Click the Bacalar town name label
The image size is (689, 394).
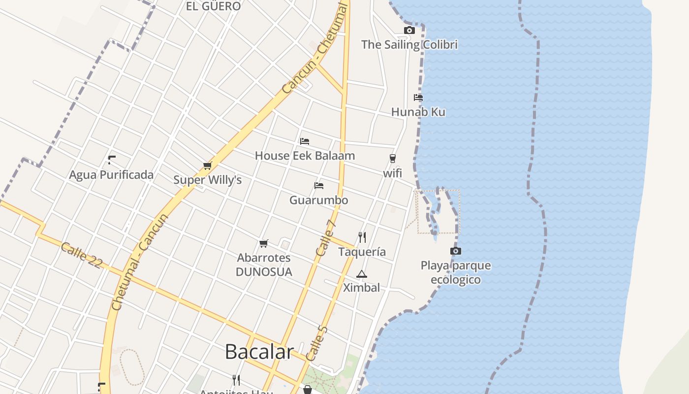pyautogui.click(x=259, y=352)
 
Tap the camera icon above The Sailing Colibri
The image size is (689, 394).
pyautogui.click(x=409, y=31)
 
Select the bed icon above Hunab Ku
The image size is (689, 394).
pyautogui.click(x=418, y=98)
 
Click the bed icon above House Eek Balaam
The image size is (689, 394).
pyautogui.click(x=305, y=141)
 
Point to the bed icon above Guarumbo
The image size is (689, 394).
pyautogui.click(x=319, y=186)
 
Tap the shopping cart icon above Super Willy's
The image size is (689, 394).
pyautogui.click(x=207, y=166)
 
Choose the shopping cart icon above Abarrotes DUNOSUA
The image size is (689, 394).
pyautogui.click(x=264, y=243)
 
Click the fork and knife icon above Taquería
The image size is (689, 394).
pyautogui.click(x=362, y=237)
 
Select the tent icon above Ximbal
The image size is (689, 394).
pyautogui.click(x=362, y=274)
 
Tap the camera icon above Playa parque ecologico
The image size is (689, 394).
pyautogui.click(x=456, y=251)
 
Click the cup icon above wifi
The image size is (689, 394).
pyautogui.click(x=392, y=159)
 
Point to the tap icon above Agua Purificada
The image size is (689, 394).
pyautogui.click(x=112, y=160)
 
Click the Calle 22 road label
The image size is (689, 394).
pyautogui.click(x=82, y=255)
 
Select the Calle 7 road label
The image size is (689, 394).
pyautogui.click(x=326, y=237)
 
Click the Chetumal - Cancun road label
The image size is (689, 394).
pyautogui.click(x=141, y=263)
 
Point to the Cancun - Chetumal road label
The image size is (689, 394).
pyautogui.click(x=315, y=49)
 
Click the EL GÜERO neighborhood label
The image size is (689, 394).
pyautogui.click(x=213, y=6)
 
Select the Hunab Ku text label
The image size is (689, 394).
pyautogui.click(x=418, y=112)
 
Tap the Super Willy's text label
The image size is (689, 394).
pyautogui.click(x=207, y=180)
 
